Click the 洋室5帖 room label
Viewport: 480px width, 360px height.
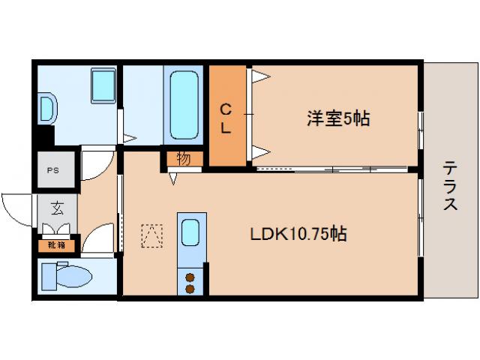(x=337, y=118)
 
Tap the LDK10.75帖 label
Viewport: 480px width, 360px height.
(x=298, y=233)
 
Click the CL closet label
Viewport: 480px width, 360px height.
(x=226, y=118)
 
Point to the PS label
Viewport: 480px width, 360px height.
(x=52, y=170)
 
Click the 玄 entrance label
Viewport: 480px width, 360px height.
(x=57, y=208)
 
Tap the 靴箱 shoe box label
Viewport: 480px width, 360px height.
(x=57, y=244)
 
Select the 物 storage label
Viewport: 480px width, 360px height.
(x=183, y=158)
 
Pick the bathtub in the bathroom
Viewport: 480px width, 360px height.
(x=184, y=105)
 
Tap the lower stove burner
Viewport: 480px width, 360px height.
(x=190, y=289)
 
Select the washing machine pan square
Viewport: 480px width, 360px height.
(x=101, y=86)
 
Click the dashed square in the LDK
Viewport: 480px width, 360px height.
(x=151, y=235)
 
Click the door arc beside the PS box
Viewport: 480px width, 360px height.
(x=96, y=165)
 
